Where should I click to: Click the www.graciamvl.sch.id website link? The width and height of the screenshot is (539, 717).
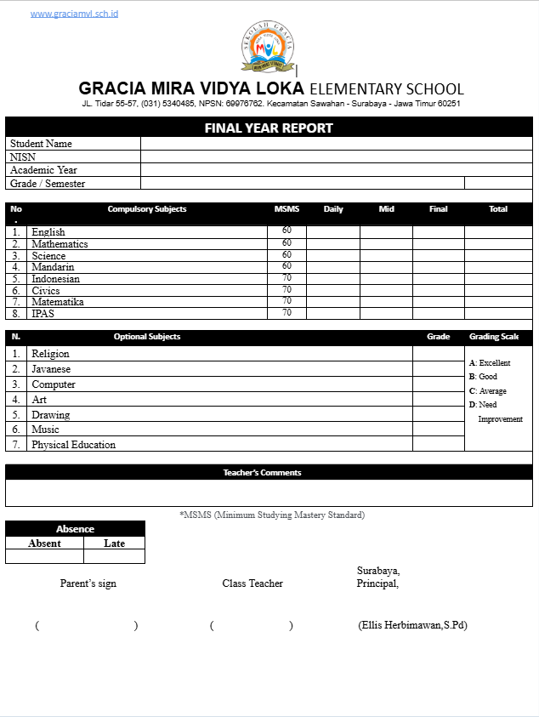coord(74,14)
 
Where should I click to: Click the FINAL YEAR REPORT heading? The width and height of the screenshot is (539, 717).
coord(269,128)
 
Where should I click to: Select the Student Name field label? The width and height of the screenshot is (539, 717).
coord(41,145)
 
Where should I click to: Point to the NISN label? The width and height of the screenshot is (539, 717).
coord(23,157)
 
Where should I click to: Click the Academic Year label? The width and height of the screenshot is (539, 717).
coord(43,170)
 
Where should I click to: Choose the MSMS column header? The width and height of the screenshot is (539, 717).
coord(287,209)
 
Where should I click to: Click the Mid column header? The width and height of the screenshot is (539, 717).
coord(387,209)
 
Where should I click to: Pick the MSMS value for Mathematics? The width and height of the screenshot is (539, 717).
coord(287,243)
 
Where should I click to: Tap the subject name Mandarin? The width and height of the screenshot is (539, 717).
coord(53,267)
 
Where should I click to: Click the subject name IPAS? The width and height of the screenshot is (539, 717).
coord(43,314)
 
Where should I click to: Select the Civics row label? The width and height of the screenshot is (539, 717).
coord(46,291)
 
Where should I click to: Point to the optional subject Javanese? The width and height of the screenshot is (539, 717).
coord(51,369)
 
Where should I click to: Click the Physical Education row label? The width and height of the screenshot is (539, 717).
coord(73,445)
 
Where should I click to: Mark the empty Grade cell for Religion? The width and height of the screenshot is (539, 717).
coord(439,354)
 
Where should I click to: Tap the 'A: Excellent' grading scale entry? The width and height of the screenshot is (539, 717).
coord(490,363)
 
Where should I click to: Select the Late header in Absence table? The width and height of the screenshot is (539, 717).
coord(114,543)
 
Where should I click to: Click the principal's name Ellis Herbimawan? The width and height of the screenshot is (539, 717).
coord(413,625)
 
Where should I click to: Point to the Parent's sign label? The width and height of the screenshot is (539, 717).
coord(88,583)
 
